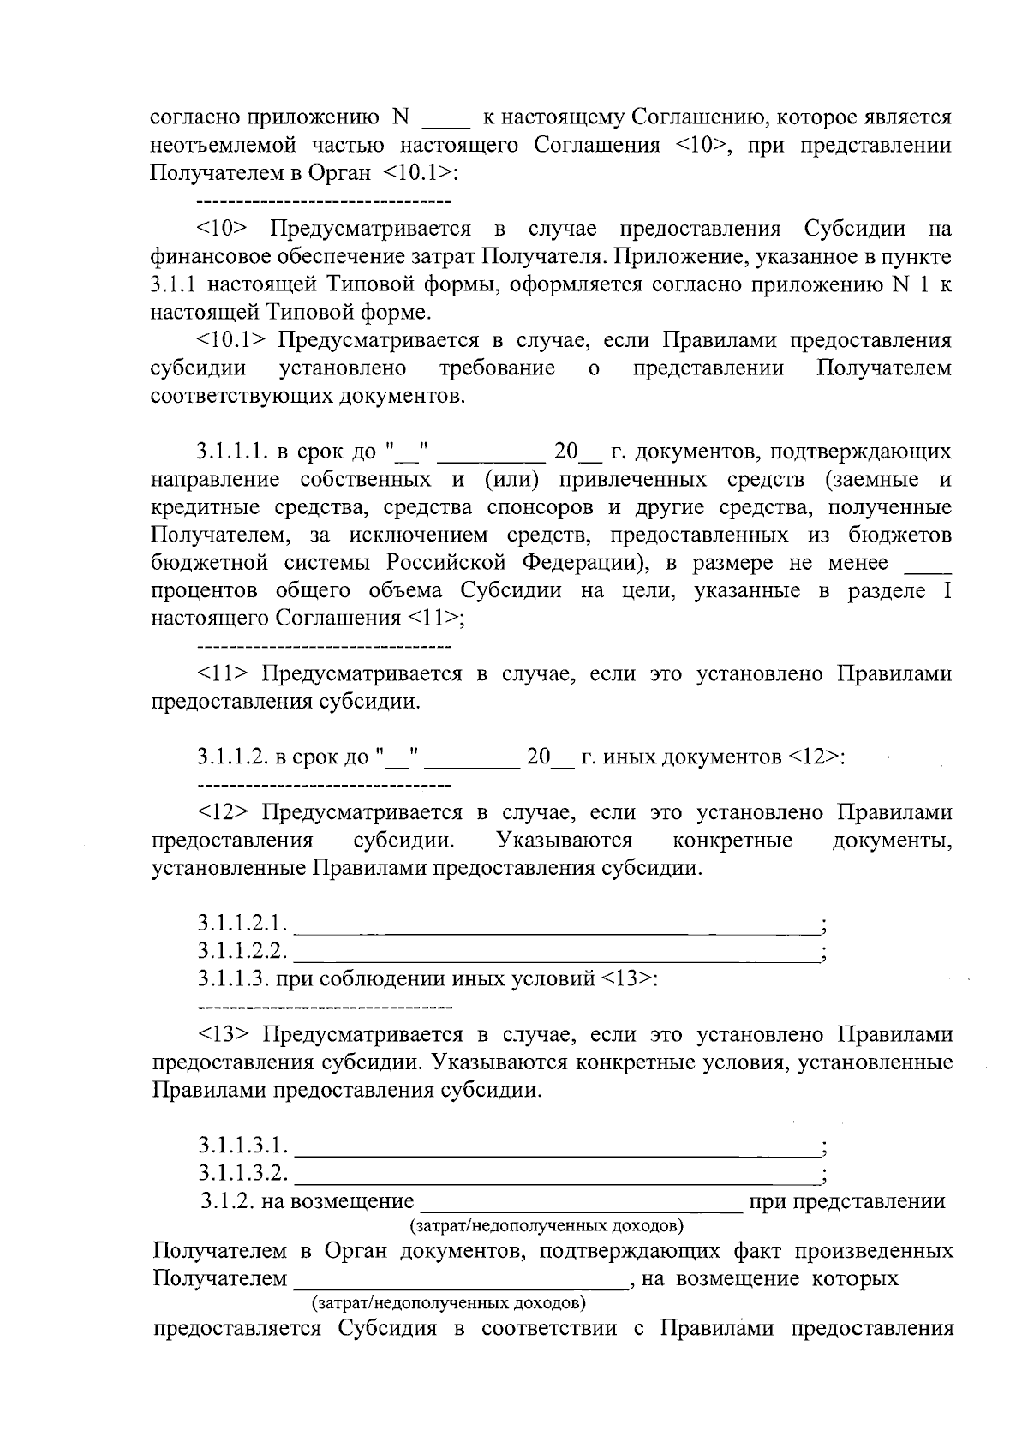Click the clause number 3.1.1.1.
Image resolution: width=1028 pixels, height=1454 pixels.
coord(232,452)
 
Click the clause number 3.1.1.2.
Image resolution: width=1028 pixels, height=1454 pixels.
coord(232,757)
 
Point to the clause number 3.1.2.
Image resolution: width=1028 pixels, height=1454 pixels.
coord(228,1201)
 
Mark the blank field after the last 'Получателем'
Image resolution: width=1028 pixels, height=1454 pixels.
coord(458,1281)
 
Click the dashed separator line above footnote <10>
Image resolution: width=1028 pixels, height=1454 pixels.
coord(324,202)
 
